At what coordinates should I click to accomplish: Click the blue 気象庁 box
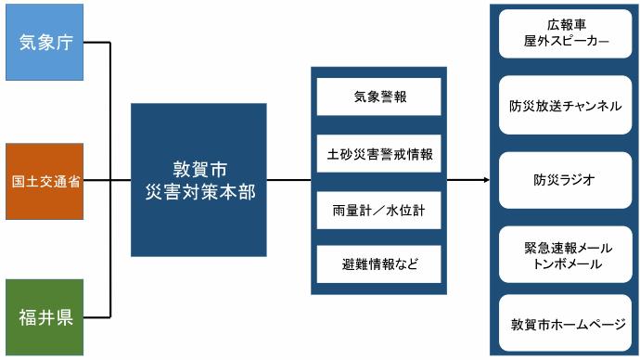coord(45,43)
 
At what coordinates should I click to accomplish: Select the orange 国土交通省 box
coord(45,180)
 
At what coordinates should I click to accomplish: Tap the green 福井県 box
coord(45,316)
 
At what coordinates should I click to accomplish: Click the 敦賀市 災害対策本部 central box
coord(200,180)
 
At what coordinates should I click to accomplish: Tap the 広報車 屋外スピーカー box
coord(566,33)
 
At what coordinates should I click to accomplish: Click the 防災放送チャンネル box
coord(566,106)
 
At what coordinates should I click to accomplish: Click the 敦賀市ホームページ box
coord(566,325)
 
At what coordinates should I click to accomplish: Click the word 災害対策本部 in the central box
coord(200,193)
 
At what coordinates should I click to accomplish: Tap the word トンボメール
coord(565,264)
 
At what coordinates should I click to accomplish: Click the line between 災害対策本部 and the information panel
coord(290,180)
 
